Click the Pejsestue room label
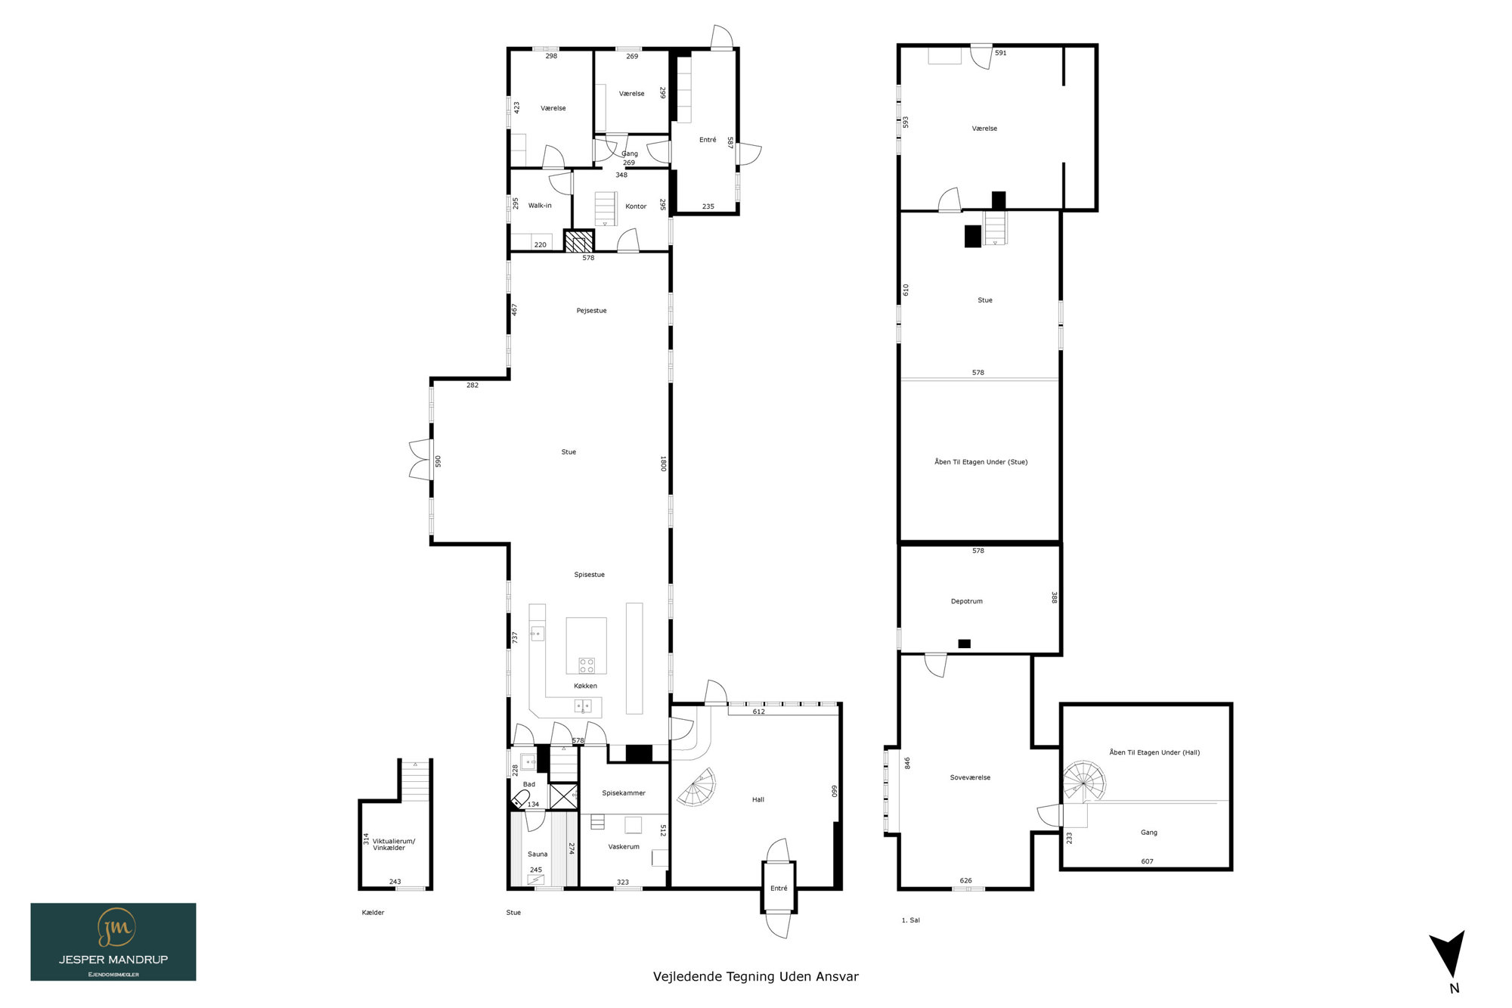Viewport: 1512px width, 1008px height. pyautogui.click(x=591, y=311)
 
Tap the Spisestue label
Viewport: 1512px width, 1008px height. pyautogui.click(x=589, y=575)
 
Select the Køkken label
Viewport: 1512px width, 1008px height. pyautogui.click(x=585, y=686)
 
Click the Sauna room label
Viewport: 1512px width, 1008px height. pyautogui.click(x=538, y=854)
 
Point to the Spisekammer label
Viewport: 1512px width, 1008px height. pyautogui.click(x=624, y=793)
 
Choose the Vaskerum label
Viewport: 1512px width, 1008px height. pyautogui.click(x=624, y=847)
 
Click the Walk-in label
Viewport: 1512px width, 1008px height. pyautogui.click(x=540, y=206)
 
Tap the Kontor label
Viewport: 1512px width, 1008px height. pyautogui.click(x=636, y=206)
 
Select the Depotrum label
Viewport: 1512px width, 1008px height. pyautogui.click(x=967, y=601)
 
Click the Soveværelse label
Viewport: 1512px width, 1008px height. pyautogui.click(x=970, y=777)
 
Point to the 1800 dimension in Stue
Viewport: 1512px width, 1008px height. pyautogui.click(x=663, y=464)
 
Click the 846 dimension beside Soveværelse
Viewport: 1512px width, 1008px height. pyautogui.click(x=907, y=763)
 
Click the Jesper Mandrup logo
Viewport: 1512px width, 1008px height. pyautogui.click(x=113, y=941)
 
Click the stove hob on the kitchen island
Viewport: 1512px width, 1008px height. pyautogui.click(x=587, y=665)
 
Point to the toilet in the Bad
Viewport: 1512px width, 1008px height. pyautogui.click(x=520, y=799)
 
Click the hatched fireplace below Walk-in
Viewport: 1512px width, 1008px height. pyautogui.click(x=579, y=241)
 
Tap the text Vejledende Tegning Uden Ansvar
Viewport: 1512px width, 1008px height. pyautogui.click(x=756, y=976)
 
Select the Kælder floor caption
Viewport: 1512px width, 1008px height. pyautogui.click(x=373, y=913)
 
